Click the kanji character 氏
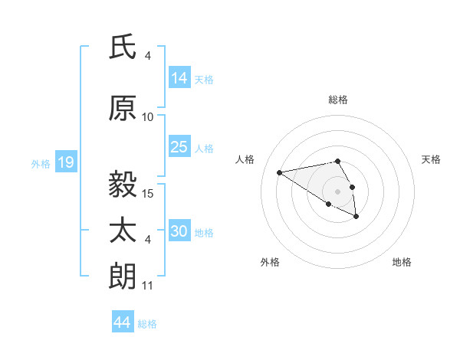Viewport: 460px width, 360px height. tap(123, 47)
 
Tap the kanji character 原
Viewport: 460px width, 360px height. tap(123, 108)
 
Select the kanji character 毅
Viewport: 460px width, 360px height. tap(123, 184)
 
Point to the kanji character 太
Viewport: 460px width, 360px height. tap(123, 231)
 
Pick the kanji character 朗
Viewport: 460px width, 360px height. tap(123, 276)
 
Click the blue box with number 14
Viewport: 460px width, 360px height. tap(179, 77)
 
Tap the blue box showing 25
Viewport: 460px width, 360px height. tap(179, 148)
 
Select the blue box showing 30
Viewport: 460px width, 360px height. tap(179, 232)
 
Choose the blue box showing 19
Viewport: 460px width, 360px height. tap(65, 162)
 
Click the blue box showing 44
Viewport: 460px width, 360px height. tap(122, 323)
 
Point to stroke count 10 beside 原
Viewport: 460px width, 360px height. tap(148, 117)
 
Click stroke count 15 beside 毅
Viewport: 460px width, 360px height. tap(148, 193)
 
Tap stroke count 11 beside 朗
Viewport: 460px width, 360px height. tap(148, 286)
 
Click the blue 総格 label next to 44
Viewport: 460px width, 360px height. tap(147, 324)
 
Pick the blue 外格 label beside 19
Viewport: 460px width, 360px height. tap(41, 163)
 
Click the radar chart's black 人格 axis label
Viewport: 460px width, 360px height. tap(245, 159)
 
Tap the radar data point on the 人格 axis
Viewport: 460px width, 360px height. tap(280, 172)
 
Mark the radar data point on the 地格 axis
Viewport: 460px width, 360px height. tap(356, 217)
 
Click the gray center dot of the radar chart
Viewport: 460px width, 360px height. tap(337, 191)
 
